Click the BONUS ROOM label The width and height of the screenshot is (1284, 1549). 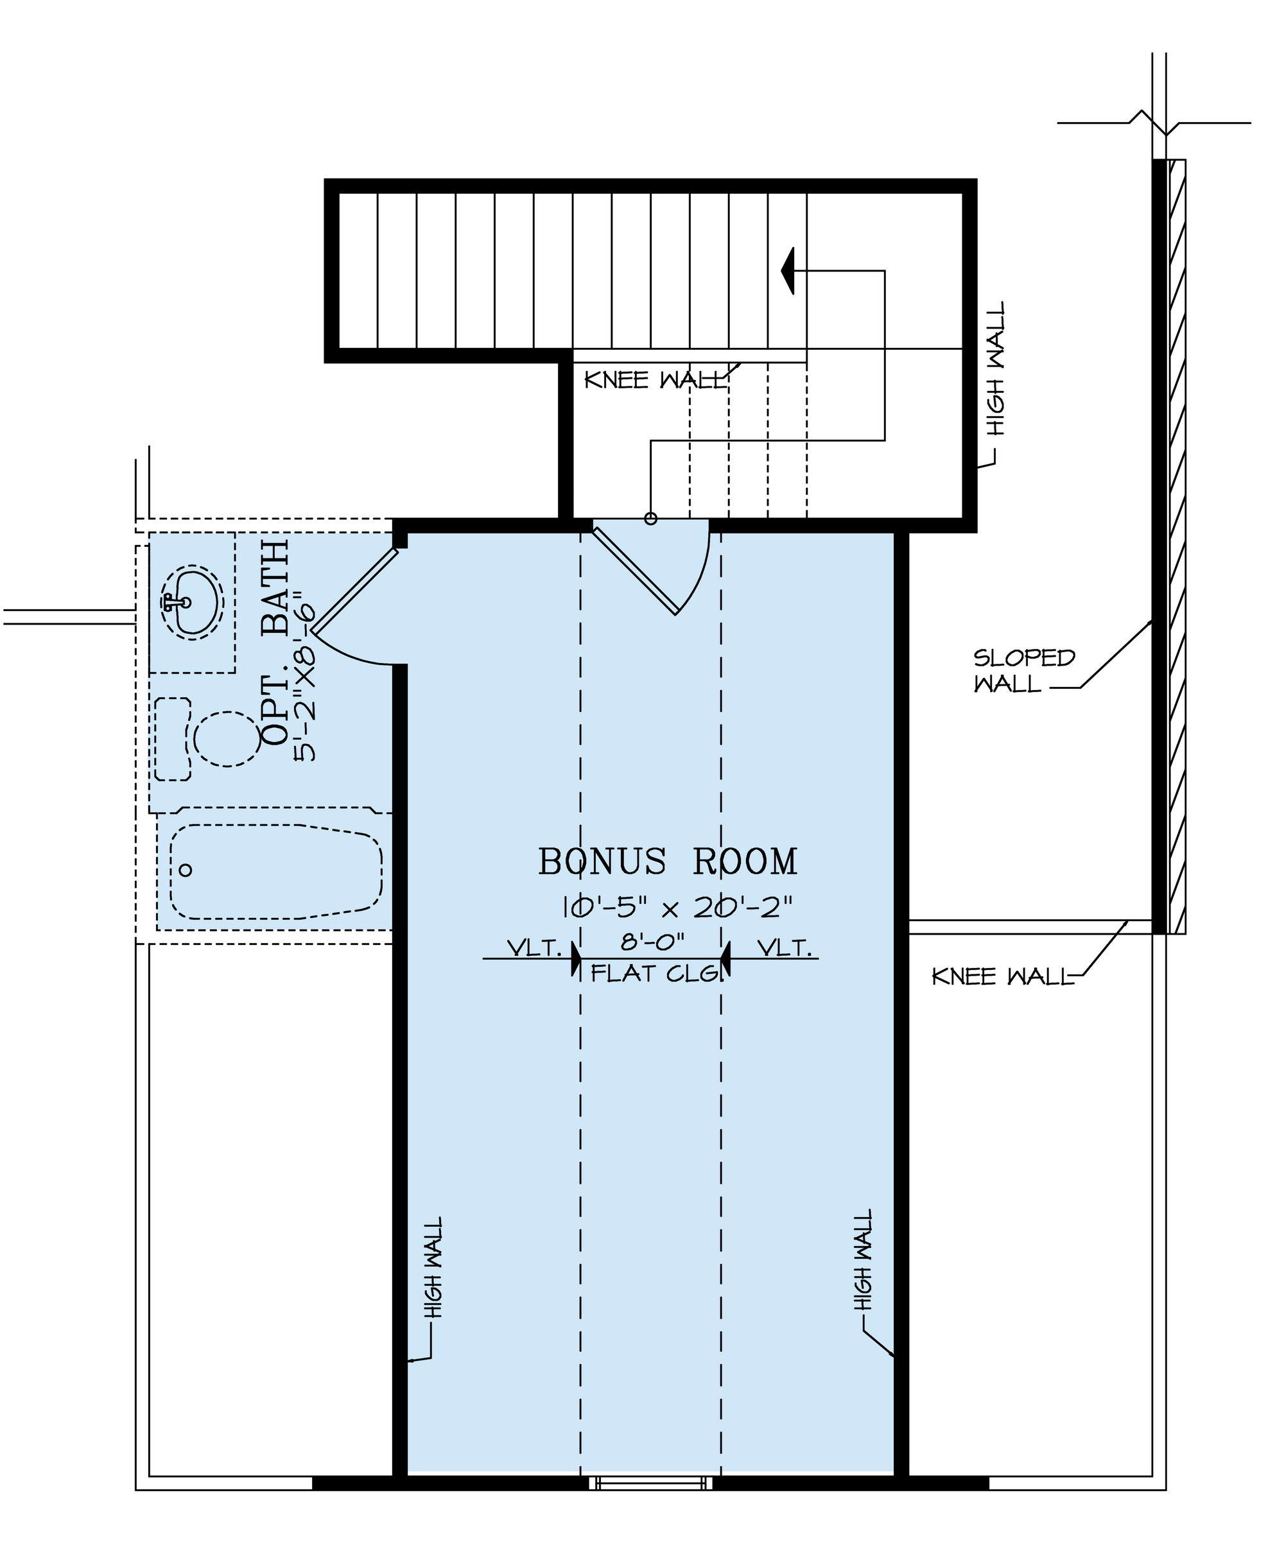click(668, 861)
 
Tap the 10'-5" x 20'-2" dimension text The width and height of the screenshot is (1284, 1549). click(678, 906)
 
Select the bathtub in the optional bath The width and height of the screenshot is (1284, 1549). click(276, 871)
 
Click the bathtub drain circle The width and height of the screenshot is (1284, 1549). click(186, 870)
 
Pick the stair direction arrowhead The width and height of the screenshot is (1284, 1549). click(788, 271)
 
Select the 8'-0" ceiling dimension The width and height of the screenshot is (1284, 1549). click(653, 941)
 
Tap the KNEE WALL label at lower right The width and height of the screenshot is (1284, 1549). click(1003, 976)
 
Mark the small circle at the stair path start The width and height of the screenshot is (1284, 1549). click(650, 519)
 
